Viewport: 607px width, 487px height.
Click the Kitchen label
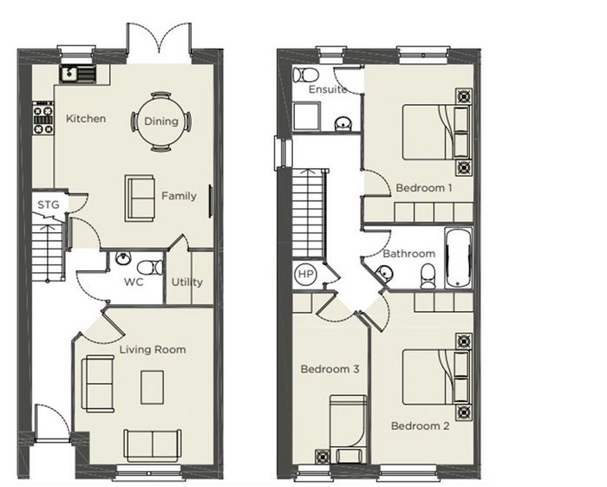(86, 119)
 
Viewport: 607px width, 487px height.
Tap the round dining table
(161, 121)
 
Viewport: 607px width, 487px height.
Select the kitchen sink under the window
(77, 74)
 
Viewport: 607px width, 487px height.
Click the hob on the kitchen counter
(42, 118)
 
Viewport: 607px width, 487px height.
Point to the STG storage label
(49, 205)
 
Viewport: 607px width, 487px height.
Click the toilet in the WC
(150, 267)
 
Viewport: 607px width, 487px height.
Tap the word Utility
(187, 282)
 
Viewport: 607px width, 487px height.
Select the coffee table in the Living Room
(152, 387)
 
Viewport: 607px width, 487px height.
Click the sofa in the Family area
(140, 198)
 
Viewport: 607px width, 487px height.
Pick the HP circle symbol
(306, 274)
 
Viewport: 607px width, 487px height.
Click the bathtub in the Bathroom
(459, 258)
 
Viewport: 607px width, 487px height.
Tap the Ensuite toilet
(305, 75)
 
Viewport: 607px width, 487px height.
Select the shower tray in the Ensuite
(307, 116)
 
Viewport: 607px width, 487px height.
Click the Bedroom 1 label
(424, 188)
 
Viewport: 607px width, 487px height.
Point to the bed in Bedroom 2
(436, 377)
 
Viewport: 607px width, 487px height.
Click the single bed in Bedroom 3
(348, 429)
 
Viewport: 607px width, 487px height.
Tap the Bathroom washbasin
(384, 273)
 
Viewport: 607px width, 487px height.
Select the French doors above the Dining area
(160, 42)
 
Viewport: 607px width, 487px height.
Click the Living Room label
(153, 350)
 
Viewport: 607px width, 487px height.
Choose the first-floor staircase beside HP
(308, 213)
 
